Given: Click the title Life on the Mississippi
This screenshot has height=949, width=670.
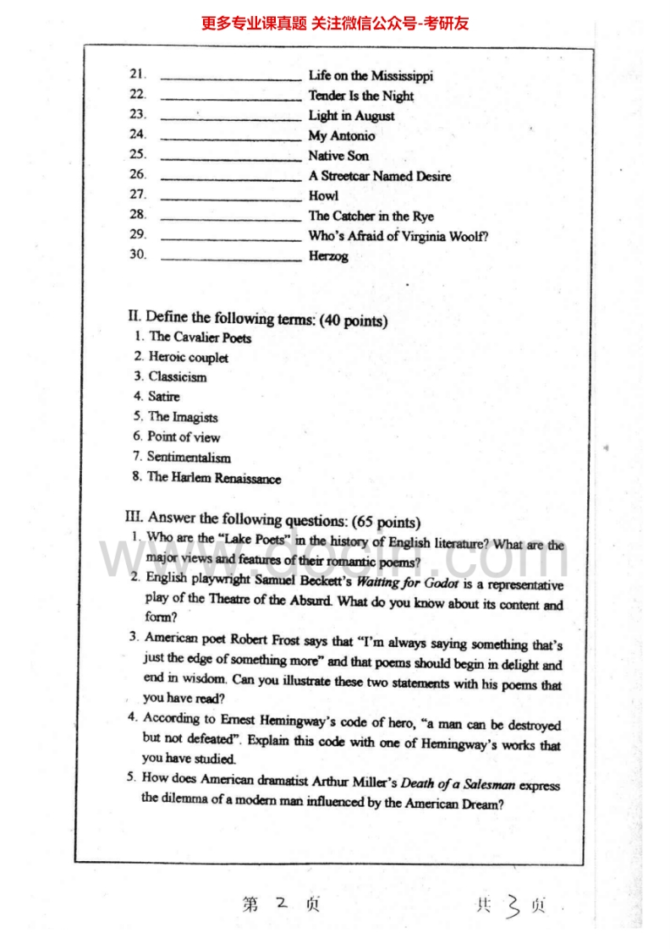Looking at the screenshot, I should [x=371, y=76].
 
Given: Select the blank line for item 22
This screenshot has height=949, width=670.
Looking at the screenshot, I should [x=231, y=98].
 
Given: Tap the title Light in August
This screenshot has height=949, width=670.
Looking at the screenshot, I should [x=351, y=116].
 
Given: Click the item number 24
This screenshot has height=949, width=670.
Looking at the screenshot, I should [x=138, y=134].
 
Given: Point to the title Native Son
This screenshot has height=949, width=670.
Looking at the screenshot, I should [x=338, y=156].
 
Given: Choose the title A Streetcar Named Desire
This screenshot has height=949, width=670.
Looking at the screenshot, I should [x=379, y=176].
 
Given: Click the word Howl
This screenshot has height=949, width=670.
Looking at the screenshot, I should [x=323, y=195].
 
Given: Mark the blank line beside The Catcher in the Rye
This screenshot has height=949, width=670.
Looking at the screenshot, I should [x=231, y=218].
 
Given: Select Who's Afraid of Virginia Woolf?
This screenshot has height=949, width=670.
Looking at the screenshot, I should [x=398, y=236].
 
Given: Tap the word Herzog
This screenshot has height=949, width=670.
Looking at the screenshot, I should [x=328, y=256].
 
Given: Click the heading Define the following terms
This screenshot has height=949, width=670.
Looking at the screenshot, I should [x=231, y=318].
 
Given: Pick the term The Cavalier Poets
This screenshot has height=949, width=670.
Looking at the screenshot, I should [x=200, y=337].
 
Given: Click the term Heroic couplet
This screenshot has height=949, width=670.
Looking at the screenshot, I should [x=188, y=357].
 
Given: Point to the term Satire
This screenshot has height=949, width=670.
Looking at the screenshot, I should [x=164, y=396].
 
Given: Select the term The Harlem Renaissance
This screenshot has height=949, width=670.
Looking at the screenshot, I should [x=214, y=478].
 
